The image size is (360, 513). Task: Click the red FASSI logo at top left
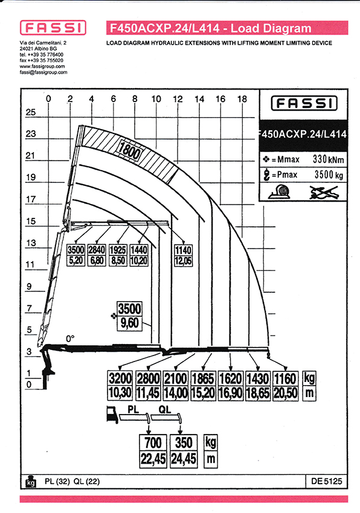click(x=53, y=28)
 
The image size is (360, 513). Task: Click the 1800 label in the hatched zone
click(x=130, y=150)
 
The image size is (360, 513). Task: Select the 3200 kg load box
click(x=120, y=378)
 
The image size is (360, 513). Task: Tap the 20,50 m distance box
click(x=285, y=393)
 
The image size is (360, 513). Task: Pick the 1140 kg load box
click(x=183, y=250)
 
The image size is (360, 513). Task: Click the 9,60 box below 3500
click(x=130, y=323)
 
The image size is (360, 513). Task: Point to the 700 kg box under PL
click(x=153, y=442)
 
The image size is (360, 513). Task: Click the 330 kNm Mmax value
click(x=328, y=159)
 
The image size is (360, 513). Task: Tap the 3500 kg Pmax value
click(x=329, y=174)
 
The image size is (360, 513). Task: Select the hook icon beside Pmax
click(x=266, y=174)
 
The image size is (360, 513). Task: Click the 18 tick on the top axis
click(x=242, y=99)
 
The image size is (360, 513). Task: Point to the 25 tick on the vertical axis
click(x=30, y=112)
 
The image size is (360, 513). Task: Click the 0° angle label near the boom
click(x=70, y=339)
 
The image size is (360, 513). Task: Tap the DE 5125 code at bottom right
click(x=327, y=481)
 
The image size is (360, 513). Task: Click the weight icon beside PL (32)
click(x=31, y=481)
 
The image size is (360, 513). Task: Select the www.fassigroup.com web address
click(x=42, y=66)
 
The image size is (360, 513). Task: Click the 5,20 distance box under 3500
click(x=76, y=261)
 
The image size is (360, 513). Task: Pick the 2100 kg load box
click(x=176, y=378)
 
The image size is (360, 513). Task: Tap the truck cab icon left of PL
click(x=112, y=415)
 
